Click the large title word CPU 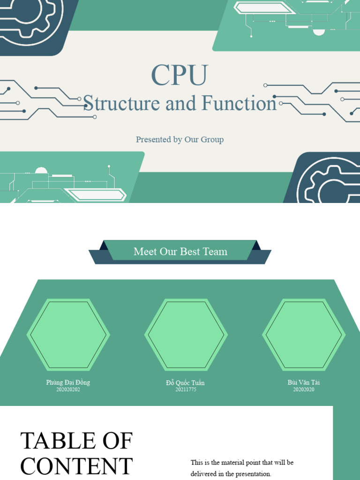coord(180,75)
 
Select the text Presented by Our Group coord(180,139)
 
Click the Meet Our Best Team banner coord(180,252)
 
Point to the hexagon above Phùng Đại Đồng coord(68,335)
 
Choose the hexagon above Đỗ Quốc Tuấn coord(186,335)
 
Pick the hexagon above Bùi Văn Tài coord(303,335)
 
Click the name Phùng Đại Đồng coord(68,382)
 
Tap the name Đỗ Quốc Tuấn coord(185,383)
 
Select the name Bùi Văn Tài coord(304,382)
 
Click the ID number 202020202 coord(68,390)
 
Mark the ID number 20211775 coord(186,390)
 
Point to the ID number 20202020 coord(304,390)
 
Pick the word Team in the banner coord(215,252)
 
